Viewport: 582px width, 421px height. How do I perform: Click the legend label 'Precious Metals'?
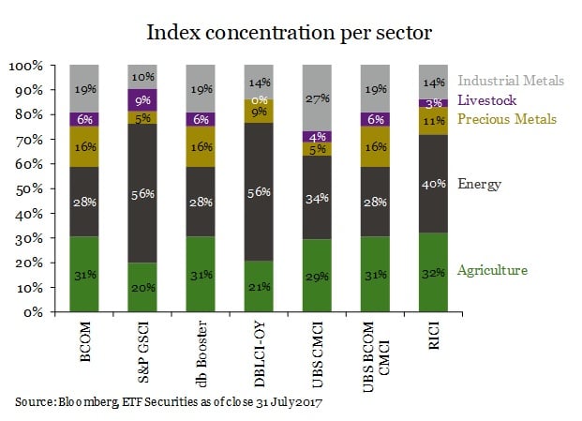click(506, 118)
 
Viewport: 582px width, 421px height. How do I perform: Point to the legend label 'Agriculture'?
click(492, 270)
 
